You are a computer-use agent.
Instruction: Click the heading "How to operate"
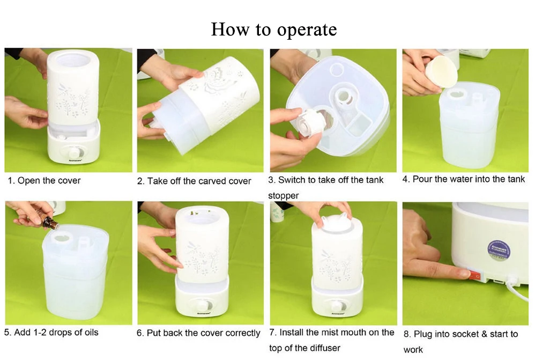pos(274,30)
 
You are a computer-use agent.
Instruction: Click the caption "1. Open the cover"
pos(44,181)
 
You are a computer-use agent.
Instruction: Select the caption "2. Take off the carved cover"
pos(194,181)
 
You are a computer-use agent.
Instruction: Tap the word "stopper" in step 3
pos(284,196)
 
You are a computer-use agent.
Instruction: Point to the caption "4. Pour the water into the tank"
pos(464,179)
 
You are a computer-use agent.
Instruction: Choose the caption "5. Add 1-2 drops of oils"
pos(51,332)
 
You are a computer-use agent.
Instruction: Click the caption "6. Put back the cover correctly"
pos(198,333)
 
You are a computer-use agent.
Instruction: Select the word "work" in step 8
pos(413,350)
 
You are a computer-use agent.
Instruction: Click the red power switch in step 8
pos(475,275)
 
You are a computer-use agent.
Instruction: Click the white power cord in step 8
pos(516,286)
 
